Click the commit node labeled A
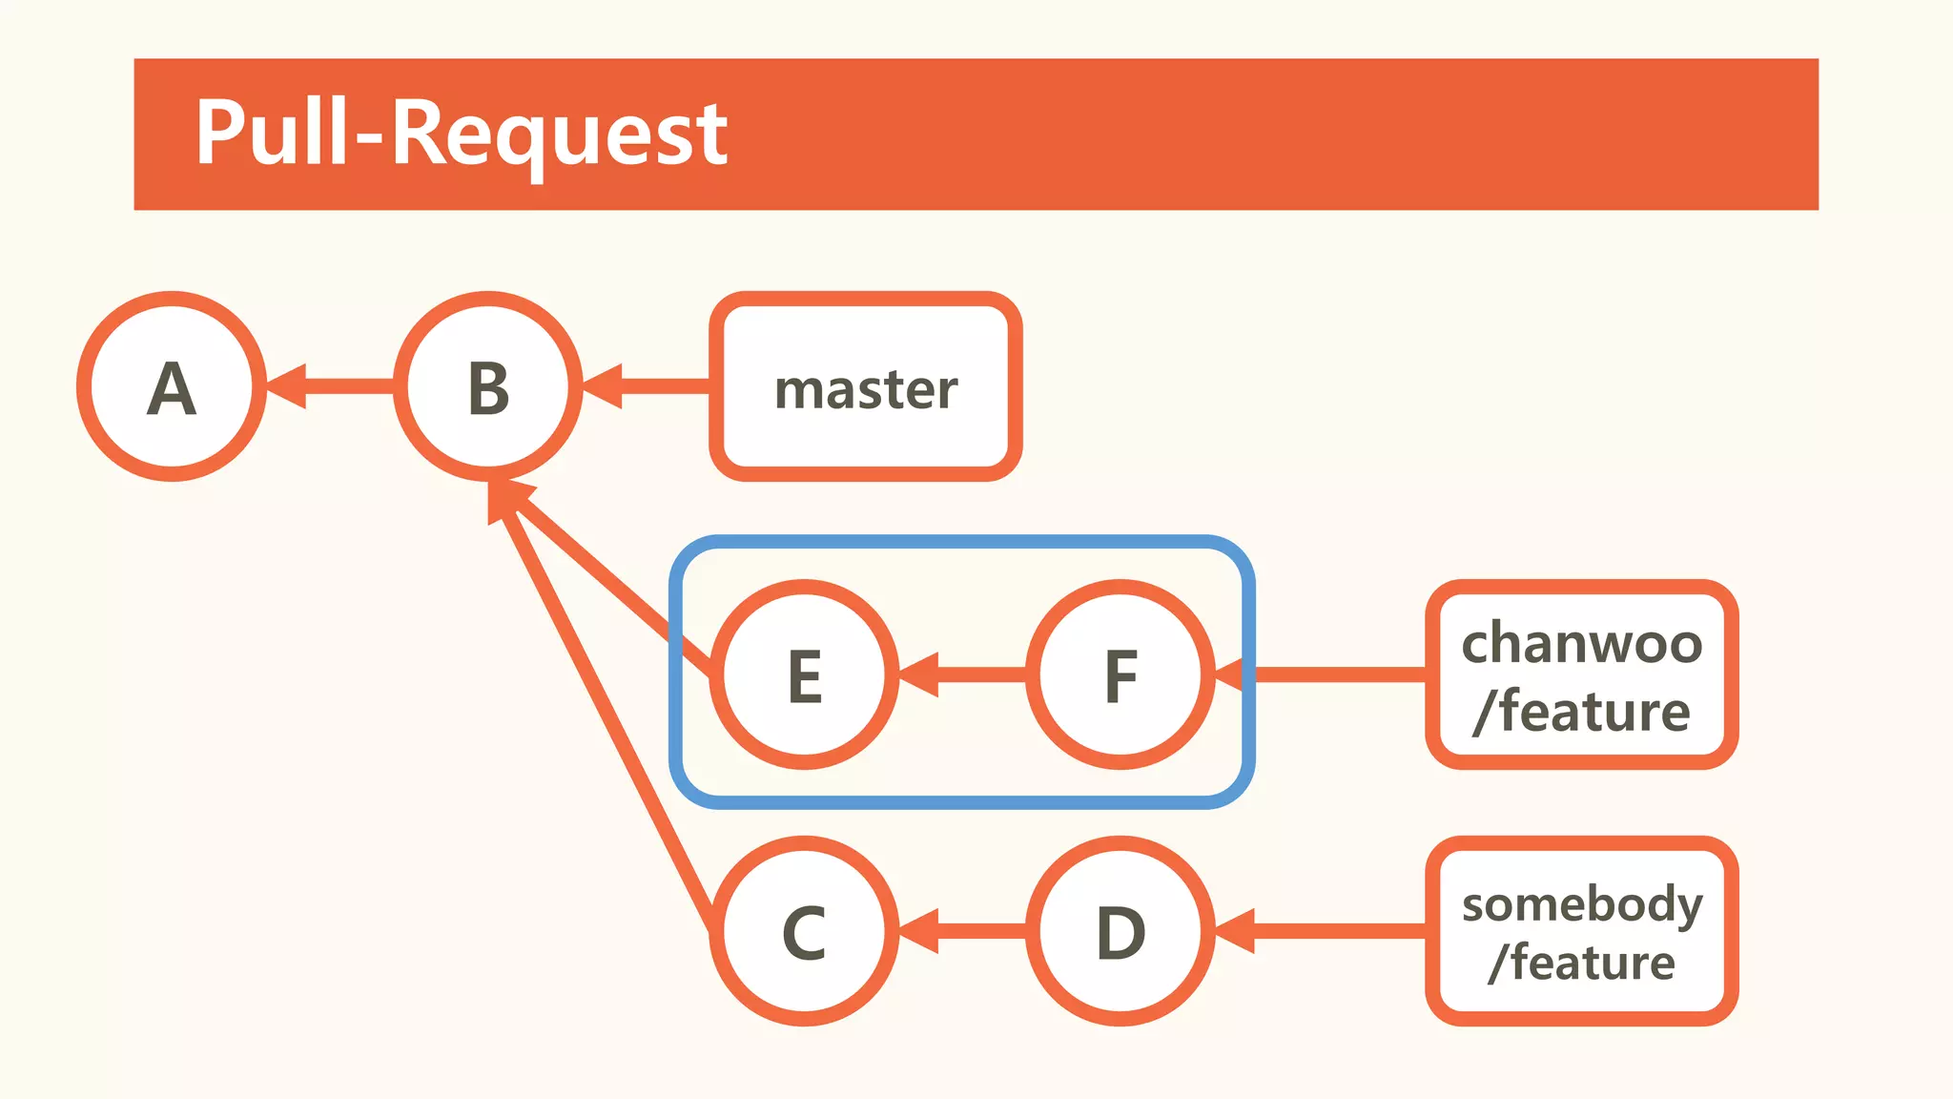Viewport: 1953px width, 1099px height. click(x=172, y=386)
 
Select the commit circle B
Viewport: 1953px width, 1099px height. click(x=488, y=386)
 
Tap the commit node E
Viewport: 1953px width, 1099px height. click(x=805, y=674)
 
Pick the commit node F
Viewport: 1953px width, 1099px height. click(x=1120, y=674)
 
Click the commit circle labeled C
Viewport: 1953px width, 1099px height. click(x=805, y=931)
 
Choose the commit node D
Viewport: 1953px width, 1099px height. click(x=1120, y=931)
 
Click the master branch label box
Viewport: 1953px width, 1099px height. click(x=866, y=386)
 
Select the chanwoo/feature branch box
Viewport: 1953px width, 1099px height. click(x=1581, y=674)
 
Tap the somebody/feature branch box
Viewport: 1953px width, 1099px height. click(x=1581, y=931)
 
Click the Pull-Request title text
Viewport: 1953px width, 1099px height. click(x=461, y=134)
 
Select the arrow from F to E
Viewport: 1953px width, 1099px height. click(x=963, y=674)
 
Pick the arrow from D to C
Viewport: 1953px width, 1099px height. click(x=963, y=931)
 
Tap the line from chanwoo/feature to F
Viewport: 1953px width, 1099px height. click(x=1335, y=674)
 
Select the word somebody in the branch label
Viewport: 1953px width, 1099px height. click(x=1581, y=902)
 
